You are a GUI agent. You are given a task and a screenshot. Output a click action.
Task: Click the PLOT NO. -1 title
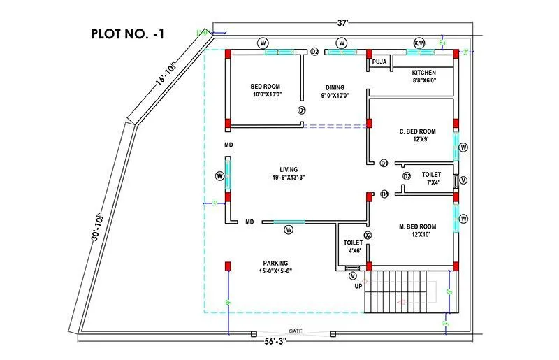click(128, 33)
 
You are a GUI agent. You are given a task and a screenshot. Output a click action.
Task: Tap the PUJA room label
click(379, 62)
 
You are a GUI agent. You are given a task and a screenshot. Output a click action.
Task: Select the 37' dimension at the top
click(342, 22)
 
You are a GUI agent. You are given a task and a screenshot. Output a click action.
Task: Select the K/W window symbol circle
click(419, 42)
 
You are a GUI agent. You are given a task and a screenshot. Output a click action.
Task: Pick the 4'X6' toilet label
click(351, 250)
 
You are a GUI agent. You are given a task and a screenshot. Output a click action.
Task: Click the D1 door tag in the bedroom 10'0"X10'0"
click(302, 110)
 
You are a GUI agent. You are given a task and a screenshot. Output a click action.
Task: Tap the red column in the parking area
click(227, 266)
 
